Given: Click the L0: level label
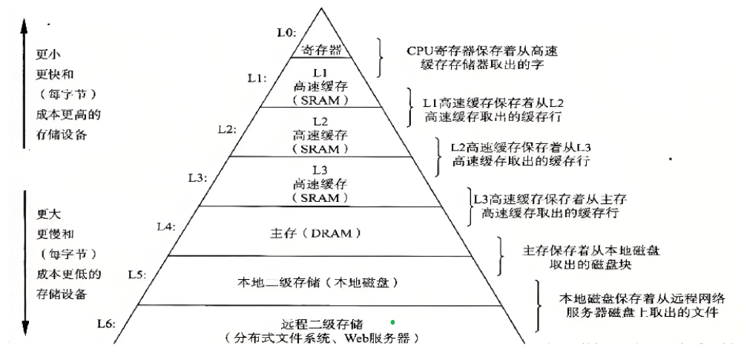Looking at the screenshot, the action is (286, 33).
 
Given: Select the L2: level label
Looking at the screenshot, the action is (226, 128).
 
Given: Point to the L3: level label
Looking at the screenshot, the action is (197, 179).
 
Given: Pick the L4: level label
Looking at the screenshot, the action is (165, 226).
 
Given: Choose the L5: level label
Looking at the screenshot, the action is (136, 275).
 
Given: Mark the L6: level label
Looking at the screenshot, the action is (108, 323).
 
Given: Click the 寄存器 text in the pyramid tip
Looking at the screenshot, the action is (321, 50).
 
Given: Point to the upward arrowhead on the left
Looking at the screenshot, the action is (25, 26).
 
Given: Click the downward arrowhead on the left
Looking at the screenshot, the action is (25, 327).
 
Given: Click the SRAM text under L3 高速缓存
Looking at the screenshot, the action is (320, 199).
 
